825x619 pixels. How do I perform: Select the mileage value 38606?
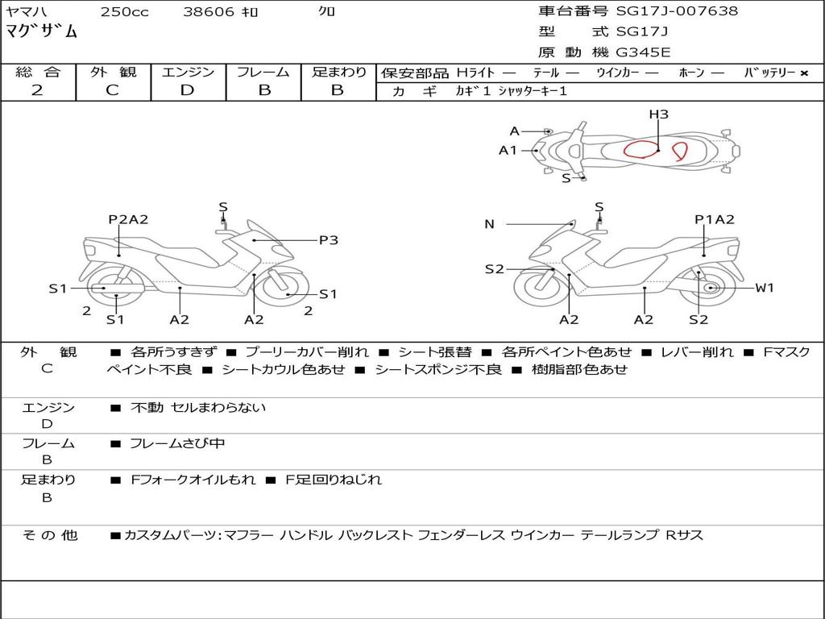coord(209,12)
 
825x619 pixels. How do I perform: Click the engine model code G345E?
coord(643,53)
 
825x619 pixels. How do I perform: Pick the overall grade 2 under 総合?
coord(37,90)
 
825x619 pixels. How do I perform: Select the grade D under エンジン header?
coord(188,90)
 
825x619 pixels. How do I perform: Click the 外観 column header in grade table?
coord(113,72)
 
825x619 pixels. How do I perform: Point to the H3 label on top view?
coord(659,114)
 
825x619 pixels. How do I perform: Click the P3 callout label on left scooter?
coord(328,239)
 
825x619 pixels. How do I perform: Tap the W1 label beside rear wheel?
coord(764,288)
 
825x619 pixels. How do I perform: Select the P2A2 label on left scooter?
coord(128,219)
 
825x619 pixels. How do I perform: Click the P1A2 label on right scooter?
coord(715,219)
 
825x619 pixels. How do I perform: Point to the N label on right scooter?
coord(489,224)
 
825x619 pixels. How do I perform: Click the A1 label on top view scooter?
coord(508,150)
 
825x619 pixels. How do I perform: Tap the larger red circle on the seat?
coord(641,151)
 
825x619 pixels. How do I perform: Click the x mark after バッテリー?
coord(803,73)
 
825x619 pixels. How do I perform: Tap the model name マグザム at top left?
coord(42,32)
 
